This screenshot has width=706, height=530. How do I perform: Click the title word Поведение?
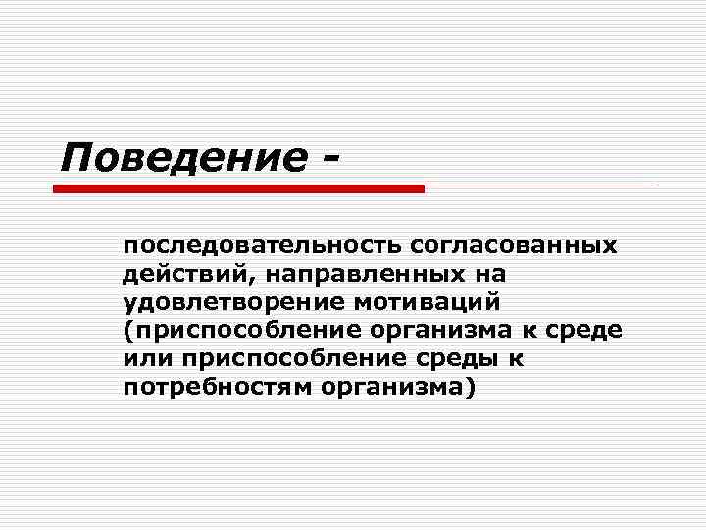tap(180, 157)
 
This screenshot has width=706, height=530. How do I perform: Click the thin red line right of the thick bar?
tap(538, 185)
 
